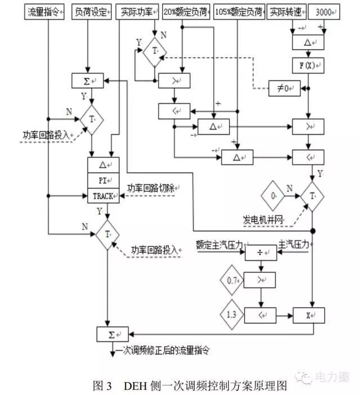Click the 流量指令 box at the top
46,12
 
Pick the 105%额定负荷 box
240,12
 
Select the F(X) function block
308,65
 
